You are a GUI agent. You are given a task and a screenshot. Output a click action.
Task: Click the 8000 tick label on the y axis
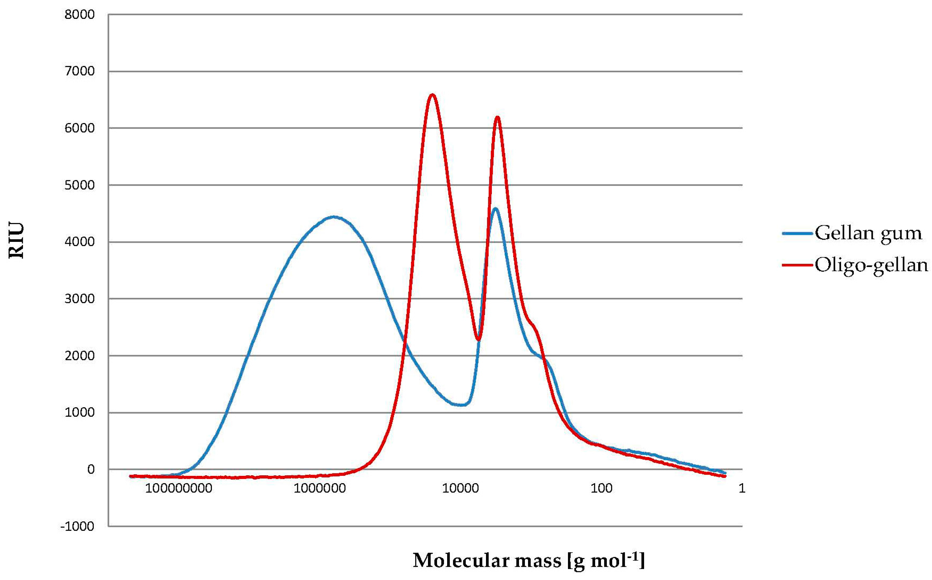point(79,15)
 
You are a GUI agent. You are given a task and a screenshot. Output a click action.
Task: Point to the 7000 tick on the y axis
point(79,71)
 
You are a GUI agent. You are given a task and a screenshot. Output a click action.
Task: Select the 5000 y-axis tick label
point(79,185)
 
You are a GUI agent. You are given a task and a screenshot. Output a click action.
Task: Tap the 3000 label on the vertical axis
point(79,299)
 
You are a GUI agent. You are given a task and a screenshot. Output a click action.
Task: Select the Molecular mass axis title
point(529,561)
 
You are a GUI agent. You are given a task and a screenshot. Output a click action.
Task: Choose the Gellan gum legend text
point(868,233)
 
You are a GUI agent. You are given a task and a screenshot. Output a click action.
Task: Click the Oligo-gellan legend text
point(871,265)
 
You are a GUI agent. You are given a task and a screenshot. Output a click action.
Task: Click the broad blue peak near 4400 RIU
point(334,217)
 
